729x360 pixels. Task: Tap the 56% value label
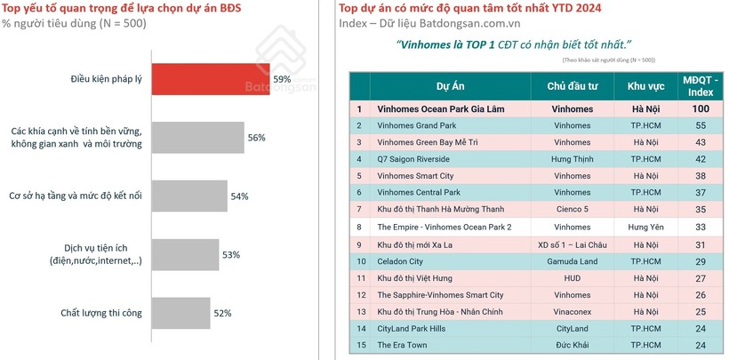[x=256, y=138]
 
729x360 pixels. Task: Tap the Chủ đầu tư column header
[x=572, y=86]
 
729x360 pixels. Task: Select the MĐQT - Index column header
[x=701, y=86]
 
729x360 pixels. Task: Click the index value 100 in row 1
[x=701, y=108]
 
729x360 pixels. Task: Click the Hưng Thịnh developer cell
[x=572, y=159]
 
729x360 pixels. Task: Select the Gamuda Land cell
[x=572, y=260]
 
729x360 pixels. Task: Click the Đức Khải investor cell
[x=572, y=345]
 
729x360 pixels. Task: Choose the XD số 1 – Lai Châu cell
[x=572, y=244]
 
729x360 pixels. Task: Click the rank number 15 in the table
[x=359, y=345]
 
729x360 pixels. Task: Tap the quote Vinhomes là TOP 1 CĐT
[x=516, y=44]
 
